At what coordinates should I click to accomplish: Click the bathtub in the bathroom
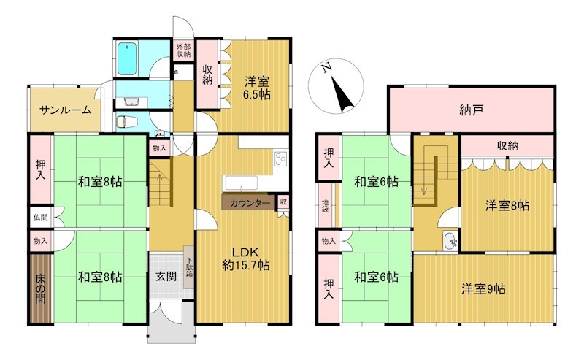click(x=127, y=58)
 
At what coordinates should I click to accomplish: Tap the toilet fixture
click(x=126, y=122)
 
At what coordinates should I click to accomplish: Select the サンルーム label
click(x=65, y=110)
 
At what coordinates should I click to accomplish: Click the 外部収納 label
click(x=183, y=50)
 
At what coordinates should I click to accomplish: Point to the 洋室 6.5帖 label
click(x=257, y=88)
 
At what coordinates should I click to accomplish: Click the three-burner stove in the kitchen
click(x=281, y=159)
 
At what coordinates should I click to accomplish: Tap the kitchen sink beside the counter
click(x=242, y=183)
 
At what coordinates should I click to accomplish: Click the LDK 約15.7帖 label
click(x=246, y=259)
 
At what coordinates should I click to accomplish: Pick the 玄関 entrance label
click(x=166, y=276)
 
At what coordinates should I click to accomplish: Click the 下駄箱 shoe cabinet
click(x=189, y=267)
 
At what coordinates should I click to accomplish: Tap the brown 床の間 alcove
click(x=41, y=288)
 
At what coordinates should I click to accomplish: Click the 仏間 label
click(x=41, y=217)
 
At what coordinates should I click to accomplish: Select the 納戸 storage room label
click(x=471, y=110)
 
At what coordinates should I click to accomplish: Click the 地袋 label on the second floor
click(x=325, y=205)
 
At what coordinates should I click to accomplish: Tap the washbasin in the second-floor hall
click(x=451, y=240)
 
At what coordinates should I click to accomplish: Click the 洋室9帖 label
click(x=483, y=289)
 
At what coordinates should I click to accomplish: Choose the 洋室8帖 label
click(x=507, y=205)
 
